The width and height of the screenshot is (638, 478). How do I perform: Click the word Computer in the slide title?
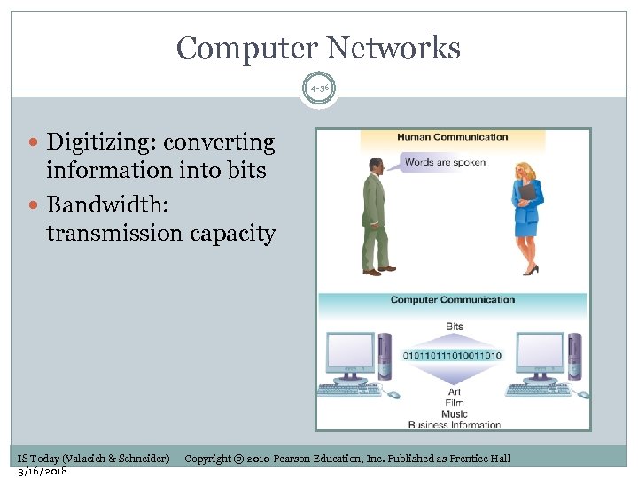(x=250, y=48)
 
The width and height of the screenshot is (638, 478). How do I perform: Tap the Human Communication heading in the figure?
(x=452, y=137)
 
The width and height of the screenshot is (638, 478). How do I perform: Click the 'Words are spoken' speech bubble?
(x=444, y=163)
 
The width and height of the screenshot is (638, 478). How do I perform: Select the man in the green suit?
(x=377, y=216)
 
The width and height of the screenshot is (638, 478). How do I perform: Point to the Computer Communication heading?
(x=452, y=299)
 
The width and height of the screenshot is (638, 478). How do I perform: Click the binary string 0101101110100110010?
(x=452, y=355)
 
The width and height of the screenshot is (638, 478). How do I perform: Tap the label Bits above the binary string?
(x=454, y=327)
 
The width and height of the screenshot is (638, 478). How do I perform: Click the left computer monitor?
(x=351, y=355)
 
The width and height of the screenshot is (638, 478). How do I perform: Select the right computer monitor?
(x=540, y=355)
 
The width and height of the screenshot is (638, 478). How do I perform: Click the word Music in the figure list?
(x=454, y=414)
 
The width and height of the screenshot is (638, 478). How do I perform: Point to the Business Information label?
(x=454, y=425)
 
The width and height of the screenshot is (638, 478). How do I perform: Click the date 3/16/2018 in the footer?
(x=43, y=470)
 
